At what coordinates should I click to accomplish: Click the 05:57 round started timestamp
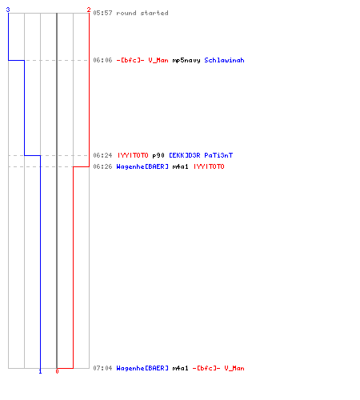coord(102,13)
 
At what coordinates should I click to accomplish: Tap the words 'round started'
coord(142,13)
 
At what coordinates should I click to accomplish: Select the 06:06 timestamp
coord(102,60)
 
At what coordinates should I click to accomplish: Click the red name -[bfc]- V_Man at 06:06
coord(142,60)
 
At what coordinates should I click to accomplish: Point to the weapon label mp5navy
coord(186,61)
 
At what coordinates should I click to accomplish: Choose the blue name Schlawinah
coord(224,60)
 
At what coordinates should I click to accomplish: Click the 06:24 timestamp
coord(102,155)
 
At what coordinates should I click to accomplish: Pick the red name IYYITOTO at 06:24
coord(133,155)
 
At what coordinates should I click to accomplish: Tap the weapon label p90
coord(158,155)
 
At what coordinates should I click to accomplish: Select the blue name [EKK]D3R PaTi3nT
coord(201,155)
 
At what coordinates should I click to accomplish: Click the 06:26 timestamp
coord(102,166)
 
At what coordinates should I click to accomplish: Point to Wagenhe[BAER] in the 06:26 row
coord(142,167)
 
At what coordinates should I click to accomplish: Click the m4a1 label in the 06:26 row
coord(180,166)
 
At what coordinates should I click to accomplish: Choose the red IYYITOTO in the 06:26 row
coord(209,166)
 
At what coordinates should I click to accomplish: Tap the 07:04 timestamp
coord(102,368)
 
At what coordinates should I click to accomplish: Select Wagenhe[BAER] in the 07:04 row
coord(142,369)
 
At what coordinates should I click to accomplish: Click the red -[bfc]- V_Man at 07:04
coord(218,368)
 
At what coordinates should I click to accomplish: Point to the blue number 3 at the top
coord(8,10)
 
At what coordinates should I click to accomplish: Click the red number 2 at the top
coord(89,10)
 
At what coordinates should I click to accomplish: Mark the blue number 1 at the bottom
coord(40,371)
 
